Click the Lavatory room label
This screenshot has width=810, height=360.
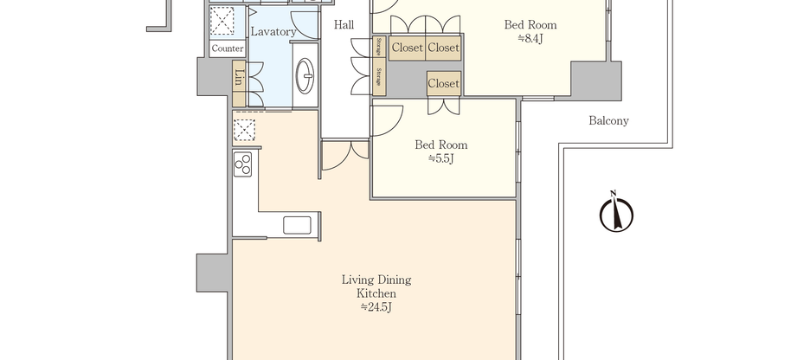(x=273, y=32)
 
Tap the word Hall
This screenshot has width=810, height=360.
(x=344, y=25)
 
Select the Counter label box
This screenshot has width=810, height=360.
(x=228, y=48)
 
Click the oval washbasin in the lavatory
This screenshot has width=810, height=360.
(x=305, y=75)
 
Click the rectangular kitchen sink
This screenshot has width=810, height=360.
(x=297, y=225)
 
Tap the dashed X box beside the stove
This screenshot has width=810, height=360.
(x=243, y=130)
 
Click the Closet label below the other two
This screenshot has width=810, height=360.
(x=443, y=83)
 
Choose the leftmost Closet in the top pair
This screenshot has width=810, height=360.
(x=407, y=48)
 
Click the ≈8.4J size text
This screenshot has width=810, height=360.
(x=530, y=40)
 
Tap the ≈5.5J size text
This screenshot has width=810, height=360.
(x=441, y=159)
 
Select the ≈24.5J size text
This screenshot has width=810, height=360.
(x=376, y=307)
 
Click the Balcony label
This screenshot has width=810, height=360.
(x=608, y=121)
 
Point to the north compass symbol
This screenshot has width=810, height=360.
(x=616, y=213)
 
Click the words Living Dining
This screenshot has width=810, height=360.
(x=376, y=280)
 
